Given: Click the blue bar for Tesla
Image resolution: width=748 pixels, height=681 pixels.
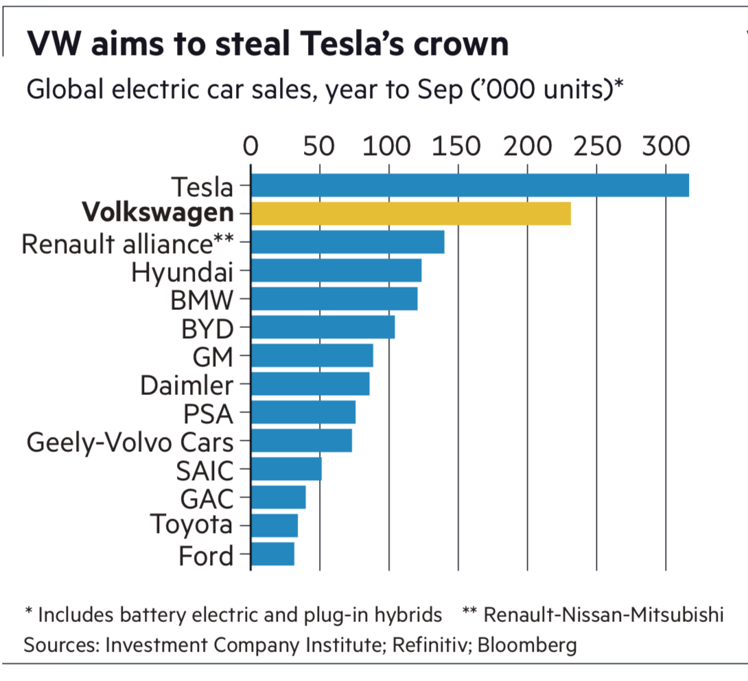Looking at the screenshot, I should coord(470,186).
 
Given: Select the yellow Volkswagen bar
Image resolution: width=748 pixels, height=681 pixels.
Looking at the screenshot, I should coord(411,214).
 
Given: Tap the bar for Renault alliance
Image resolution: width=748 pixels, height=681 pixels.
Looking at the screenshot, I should coord(348,243).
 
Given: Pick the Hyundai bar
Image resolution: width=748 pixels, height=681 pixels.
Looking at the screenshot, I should coord(336,271).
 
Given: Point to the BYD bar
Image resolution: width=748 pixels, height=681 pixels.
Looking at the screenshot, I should coord(323,328).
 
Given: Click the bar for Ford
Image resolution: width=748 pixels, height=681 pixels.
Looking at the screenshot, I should coord(273,554).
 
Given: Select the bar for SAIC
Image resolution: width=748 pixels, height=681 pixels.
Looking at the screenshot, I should coord(286,469).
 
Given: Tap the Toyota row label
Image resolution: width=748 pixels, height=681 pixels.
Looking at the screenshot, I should coord(191,525).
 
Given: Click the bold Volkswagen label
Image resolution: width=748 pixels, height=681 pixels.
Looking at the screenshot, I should coord(158,214).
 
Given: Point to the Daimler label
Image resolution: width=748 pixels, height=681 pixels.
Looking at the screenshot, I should coord(187,385).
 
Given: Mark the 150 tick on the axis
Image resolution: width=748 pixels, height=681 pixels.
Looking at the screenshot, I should coord(457,147).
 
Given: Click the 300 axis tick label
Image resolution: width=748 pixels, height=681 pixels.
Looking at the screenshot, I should coord(665,147).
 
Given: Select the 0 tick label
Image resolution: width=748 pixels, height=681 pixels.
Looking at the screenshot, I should coord(250,147).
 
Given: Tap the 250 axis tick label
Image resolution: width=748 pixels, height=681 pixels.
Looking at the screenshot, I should coord(596,147).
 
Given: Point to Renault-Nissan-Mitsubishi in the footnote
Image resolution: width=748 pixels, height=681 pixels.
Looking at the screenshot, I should coord(604,614).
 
